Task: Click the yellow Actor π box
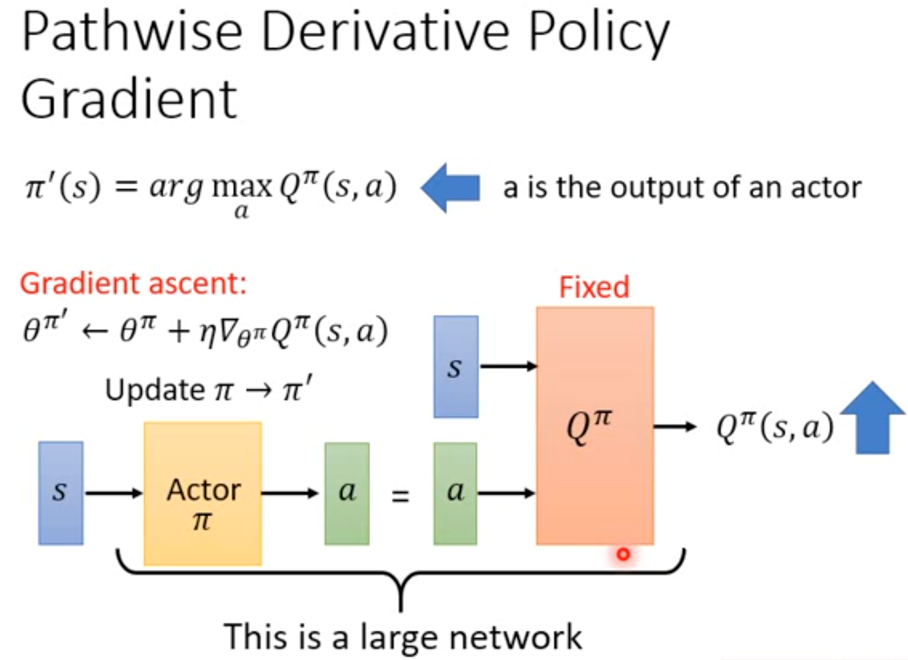(x=203, y=493)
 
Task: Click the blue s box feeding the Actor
(x=60, y=493)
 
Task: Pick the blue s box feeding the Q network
(x=456, y=367)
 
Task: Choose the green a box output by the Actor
(x=347, y=493)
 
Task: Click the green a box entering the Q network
(x=455, y=493)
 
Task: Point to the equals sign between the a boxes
(x=400, y=495)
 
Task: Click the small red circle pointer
(x=623, y=554)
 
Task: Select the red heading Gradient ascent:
(x=133, y=283)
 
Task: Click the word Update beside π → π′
(x=155, y=390)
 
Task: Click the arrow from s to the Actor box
(x=113, y=493)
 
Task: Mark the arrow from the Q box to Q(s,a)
(x=675, y=426)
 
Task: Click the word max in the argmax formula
(x=242, y=187)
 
